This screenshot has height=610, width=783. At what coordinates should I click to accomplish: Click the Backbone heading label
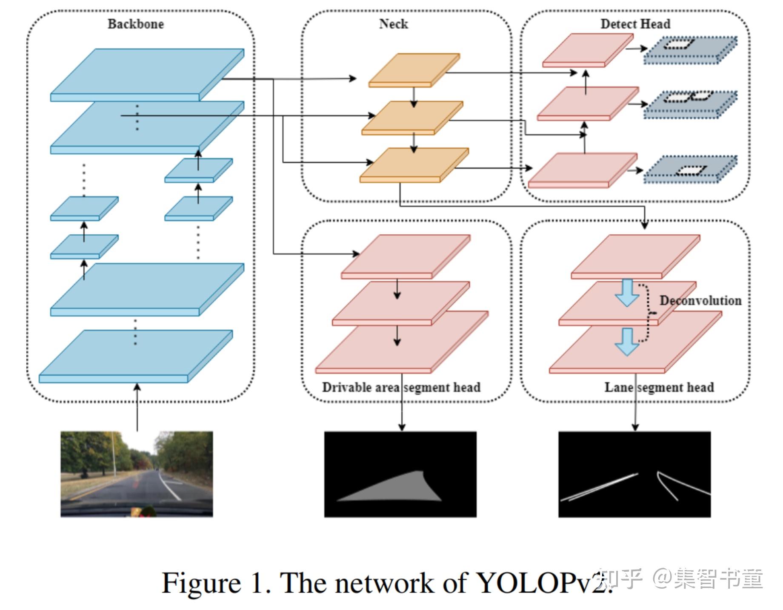(x=135, y=24)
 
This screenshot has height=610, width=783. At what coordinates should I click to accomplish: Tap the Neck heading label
(x=393, y=24)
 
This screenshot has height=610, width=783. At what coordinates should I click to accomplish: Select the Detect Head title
(x=635, y=24)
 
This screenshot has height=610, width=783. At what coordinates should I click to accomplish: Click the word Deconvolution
(x=700, y=300)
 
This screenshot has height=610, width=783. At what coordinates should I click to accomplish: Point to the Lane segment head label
(x=659, y=387)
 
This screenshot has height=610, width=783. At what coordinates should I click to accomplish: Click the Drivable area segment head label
(x=401, y=387)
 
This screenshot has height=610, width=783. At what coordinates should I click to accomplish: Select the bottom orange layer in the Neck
(x=414, y=165)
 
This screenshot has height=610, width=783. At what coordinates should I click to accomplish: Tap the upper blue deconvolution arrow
(x=627, y=292)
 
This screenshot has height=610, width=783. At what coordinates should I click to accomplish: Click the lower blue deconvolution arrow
(x=627, y=341)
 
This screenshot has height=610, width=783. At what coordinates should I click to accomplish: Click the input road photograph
(x=137, y=474)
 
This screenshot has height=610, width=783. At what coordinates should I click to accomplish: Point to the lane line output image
(x=634, y=474)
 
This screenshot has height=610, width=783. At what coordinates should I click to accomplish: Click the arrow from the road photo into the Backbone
(x=137, y=407)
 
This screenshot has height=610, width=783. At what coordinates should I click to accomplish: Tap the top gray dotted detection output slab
(x=690, y=49)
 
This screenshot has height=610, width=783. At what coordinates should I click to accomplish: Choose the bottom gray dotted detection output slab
(x=690, y=169)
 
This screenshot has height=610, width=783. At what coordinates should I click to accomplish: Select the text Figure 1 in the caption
(x=215, y=583)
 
